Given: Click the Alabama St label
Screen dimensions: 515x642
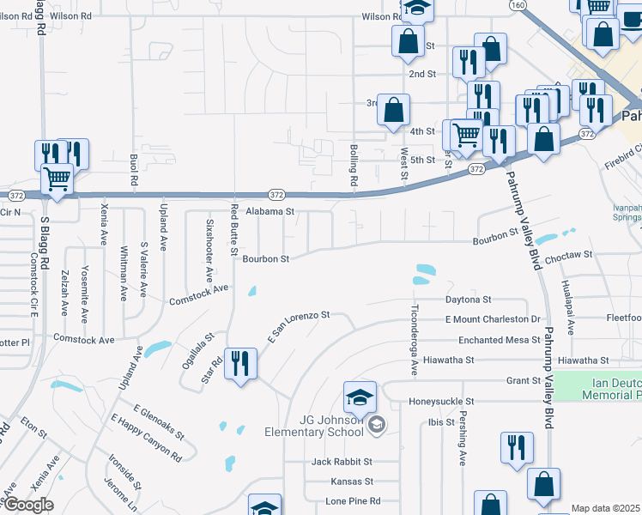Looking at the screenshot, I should click(270, 209).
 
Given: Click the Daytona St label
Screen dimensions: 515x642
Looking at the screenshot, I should click(468, 300).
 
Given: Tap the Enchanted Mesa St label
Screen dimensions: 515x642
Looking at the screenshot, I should click(499, 340).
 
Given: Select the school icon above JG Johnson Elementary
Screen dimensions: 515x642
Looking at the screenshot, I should click(360, 397).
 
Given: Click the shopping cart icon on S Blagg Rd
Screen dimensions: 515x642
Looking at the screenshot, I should click(57, 179).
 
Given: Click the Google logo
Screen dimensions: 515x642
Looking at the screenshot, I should click(27, 505).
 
